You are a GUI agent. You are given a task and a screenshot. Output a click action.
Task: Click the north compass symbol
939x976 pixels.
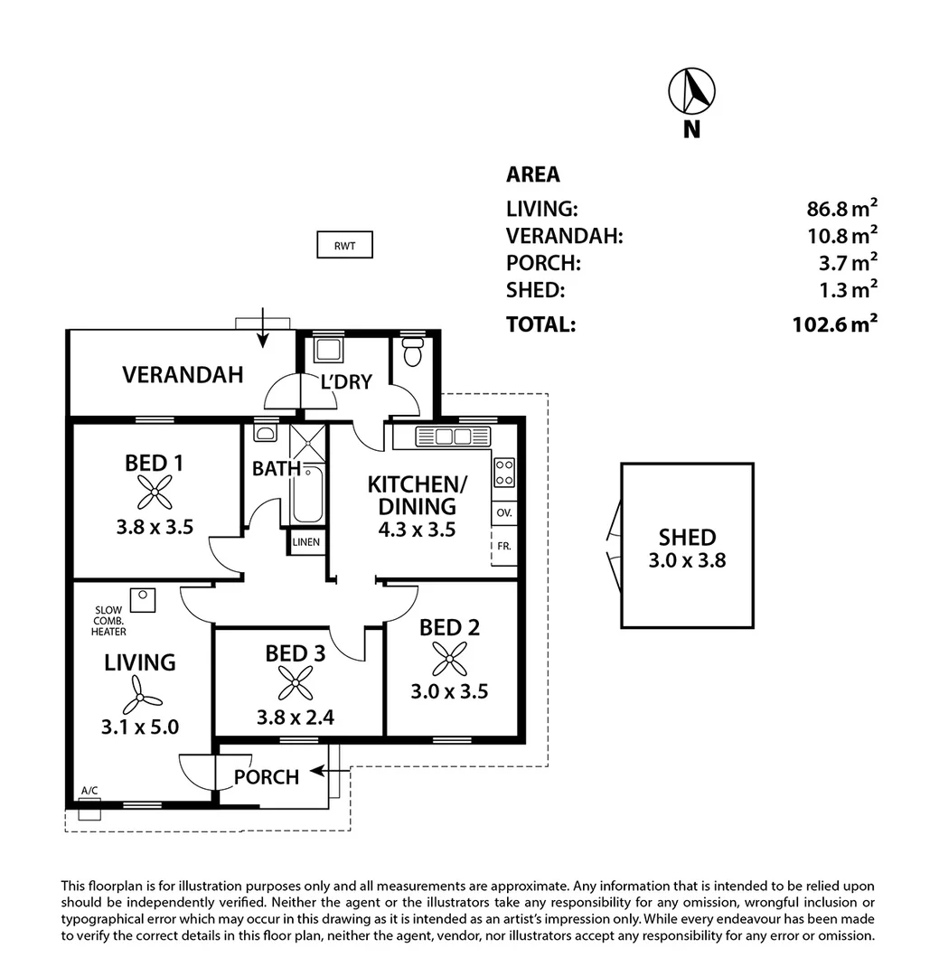pos(691,90)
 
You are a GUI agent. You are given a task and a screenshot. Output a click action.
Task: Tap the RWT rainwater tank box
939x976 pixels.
pos(344,245)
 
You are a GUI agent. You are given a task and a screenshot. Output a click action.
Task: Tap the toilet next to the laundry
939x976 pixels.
pos(412,352)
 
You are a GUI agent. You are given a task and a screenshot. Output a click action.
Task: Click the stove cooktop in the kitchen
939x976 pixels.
pos(504,473)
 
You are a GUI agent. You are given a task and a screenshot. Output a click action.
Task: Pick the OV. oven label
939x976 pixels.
pos(504,512)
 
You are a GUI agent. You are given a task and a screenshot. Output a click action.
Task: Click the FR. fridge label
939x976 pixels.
pos(503,547)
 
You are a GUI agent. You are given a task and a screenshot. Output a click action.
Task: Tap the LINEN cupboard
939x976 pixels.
pos(305,542)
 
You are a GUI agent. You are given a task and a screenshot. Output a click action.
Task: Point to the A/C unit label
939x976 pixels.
pos(89,792)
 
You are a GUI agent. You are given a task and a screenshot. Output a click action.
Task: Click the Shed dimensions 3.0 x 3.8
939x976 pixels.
pos(687,560)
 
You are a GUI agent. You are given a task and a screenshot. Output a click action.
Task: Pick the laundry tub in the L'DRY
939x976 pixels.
pos(325,350)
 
